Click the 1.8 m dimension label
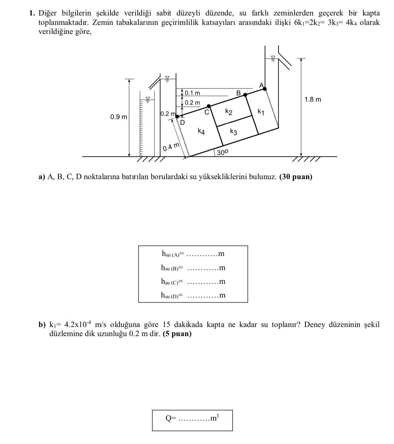click(x=313, y=100)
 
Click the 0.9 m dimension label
click(x=119, y=117)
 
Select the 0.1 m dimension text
click(x=192, y=93)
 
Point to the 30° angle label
click(x=222, y=153)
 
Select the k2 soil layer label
click(x=229, y=111)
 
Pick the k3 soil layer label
click(x=234, y=131)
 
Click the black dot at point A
click(x=265, y=89)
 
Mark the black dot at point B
click(x=245, y=95)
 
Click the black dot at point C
click(x=209, y=106)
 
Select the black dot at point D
click(x=177, y=117)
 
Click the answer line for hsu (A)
click(x=202, y=254)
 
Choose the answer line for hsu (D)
click(x=202, y=296)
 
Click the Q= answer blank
click(x=193, y=419)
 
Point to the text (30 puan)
click(x=296, y=177)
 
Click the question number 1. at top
click(x=32, y=13)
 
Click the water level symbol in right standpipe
click(x=273, y=59)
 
